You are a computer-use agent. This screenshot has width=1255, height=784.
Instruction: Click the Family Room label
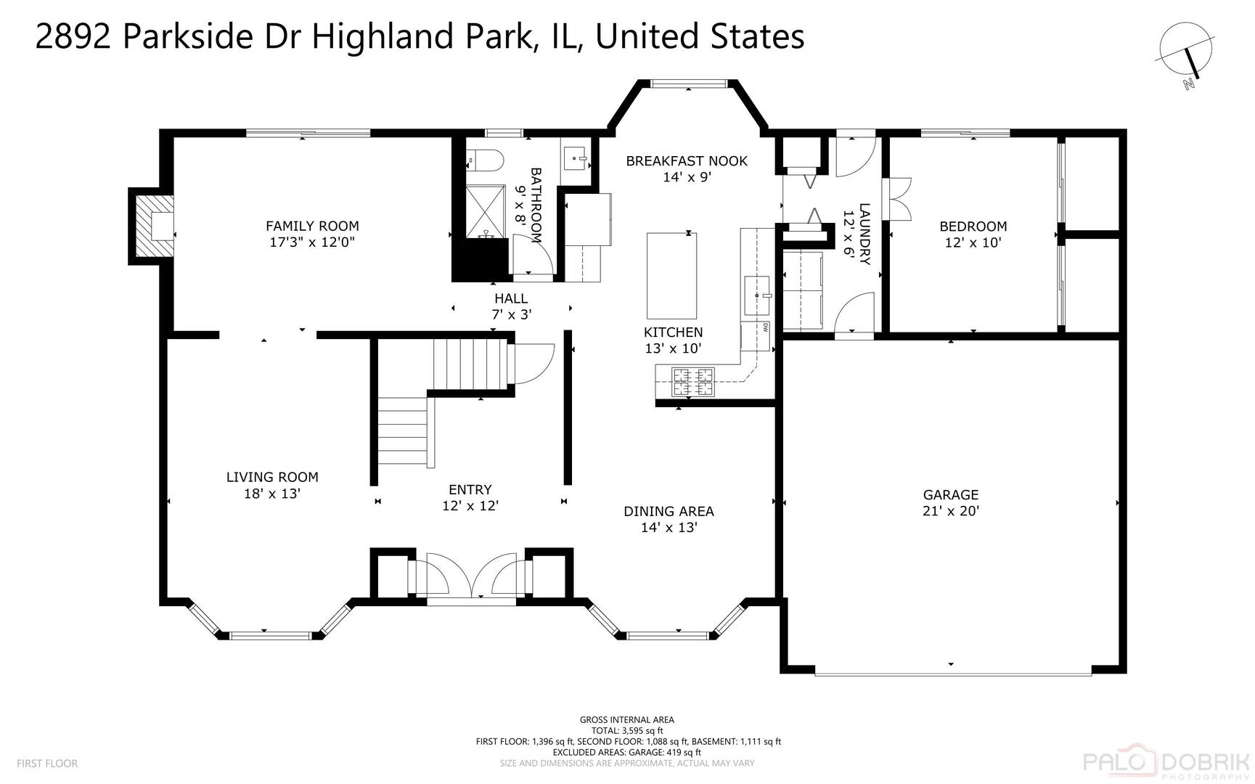click(x=312, y=234)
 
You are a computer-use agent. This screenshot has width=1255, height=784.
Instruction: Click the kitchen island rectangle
click(x=671, y=276)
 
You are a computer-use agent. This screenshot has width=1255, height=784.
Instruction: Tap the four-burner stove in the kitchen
click(x=693, y=382)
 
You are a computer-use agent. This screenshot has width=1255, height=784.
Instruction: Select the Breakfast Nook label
click(x=687, y=168)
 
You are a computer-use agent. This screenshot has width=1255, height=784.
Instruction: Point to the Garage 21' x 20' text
click(x=951, y=502)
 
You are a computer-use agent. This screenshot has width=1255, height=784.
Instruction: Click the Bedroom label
click(x=973, y=234)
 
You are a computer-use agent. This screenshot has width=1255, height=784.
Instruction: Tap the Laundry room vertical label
click(x=857, y=234)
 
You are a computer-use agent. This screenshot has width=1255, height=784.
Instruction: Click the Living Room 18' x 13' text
click(x=272, y=485)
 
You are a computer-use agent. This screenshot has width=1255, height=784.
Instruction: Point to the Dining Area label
click(x=669, y=519)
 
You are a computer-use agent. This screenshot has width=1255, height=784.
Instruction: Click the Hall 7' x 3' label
click(x=511, y=306)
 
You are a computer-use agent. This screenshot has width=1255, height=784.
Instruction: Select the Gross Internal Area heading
click(x=626, y=720)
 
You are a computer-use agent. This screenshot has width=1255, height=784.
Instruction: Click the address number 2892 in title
click(x=73, y=36)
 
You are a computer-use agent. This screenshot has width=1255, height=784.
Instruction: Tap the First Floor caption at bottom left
click(x=47, y=763)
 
